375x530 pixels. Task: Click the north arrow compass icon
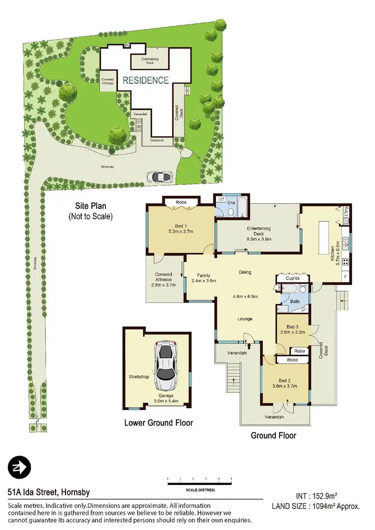tap(19, 468)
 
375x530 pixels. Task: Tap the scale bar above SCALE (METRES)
tap(199, 483)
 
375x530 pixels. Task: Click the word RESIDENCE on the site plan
tap(145, 80)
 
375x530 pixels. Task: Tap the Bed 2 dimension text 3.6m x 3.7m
tap(284, 386)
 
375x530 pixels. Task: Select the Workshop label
tap(139, 377)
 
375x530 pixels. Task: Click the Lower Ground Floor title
tap(158, 423)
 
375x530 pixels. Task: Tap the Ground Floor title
tap(273, 436)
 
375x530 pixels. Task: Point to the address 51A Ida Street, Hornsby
tap(49, 493)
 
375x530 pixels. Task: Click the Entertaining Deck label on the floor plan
tap(259, 231)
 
